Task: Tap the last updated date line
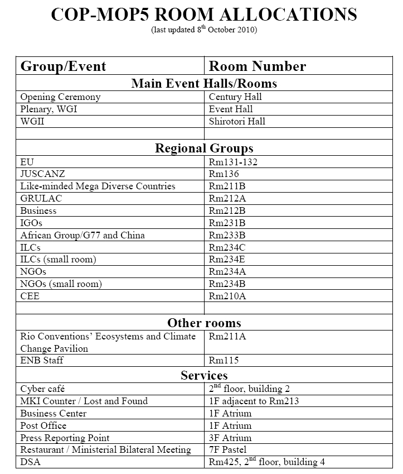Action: [x=203, y=30]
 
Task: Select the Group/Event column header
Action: [x=63, y=66]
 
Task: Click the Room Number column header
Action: [x=257, y=66]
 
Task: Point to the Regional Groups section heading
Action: [x=203, y=148]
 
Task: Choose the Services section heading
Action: [x=203, y=375]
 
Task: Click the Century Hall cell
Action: [x=235, y=97]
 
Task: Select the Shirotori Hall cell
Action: [x=237, y=122]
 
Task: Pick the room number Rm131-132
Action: [x=233, y=162]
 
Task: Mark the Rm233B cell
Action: [x=227, y=236]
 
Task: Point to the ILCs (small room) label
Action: [x=58, y=260]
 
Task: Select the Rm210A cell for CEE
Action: [x=227, y=296]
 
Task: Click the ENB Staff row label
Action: [x=42, y=361]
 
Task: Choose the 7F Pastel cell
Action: [x=228, y=450]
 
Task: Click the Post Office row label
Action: [x=43, y=426]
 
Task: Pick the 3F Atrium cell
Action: [x=230, y=438]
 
